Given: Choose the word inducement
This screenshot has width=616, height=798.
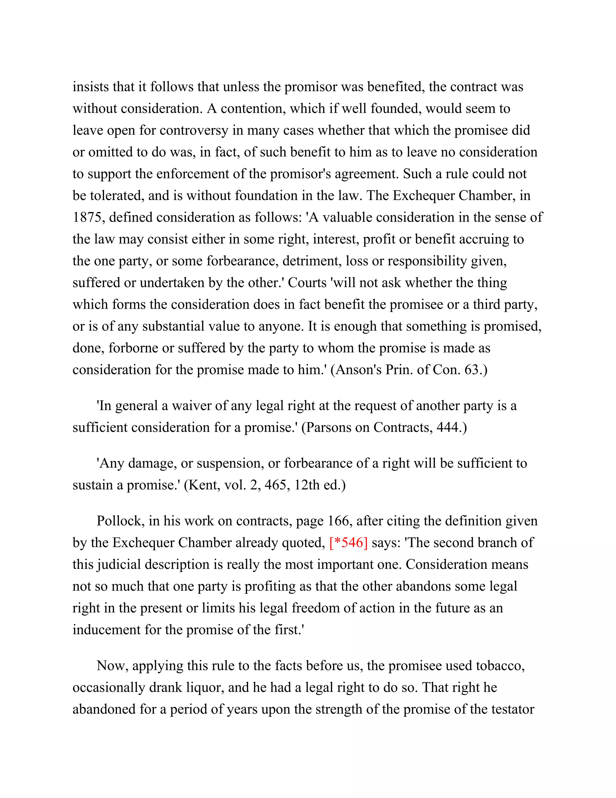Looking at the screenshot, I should point(106,630).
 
